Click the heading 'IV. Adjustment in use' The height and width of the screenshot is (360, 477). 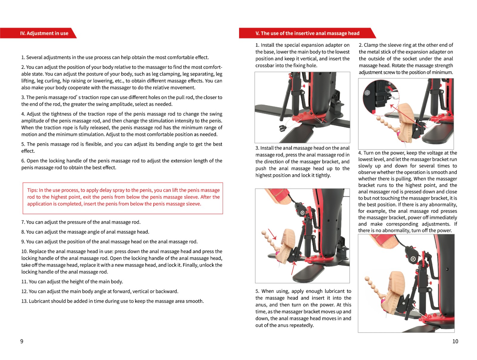pos(44,33)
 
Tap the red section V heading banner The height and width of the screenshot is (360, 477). pos(307,33)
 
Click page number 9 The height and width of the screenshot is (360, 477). pos(22,341)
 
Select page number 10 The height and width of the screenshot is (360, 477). pos(455,341)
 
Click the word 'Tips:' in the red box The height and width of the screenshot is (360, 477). pos(32,190)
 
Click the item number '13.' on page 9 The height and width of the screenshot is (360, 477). pos(24,301)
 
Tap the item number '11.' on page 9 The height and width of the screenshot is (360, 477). pos(24,282)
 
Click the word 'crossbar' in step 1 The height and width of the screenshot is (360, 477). pos(264,66)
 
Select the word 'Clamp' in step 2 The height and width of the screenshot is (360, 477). pos(370,45)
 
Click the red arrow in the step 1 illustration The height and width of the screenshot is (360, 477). pos(324,120)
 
